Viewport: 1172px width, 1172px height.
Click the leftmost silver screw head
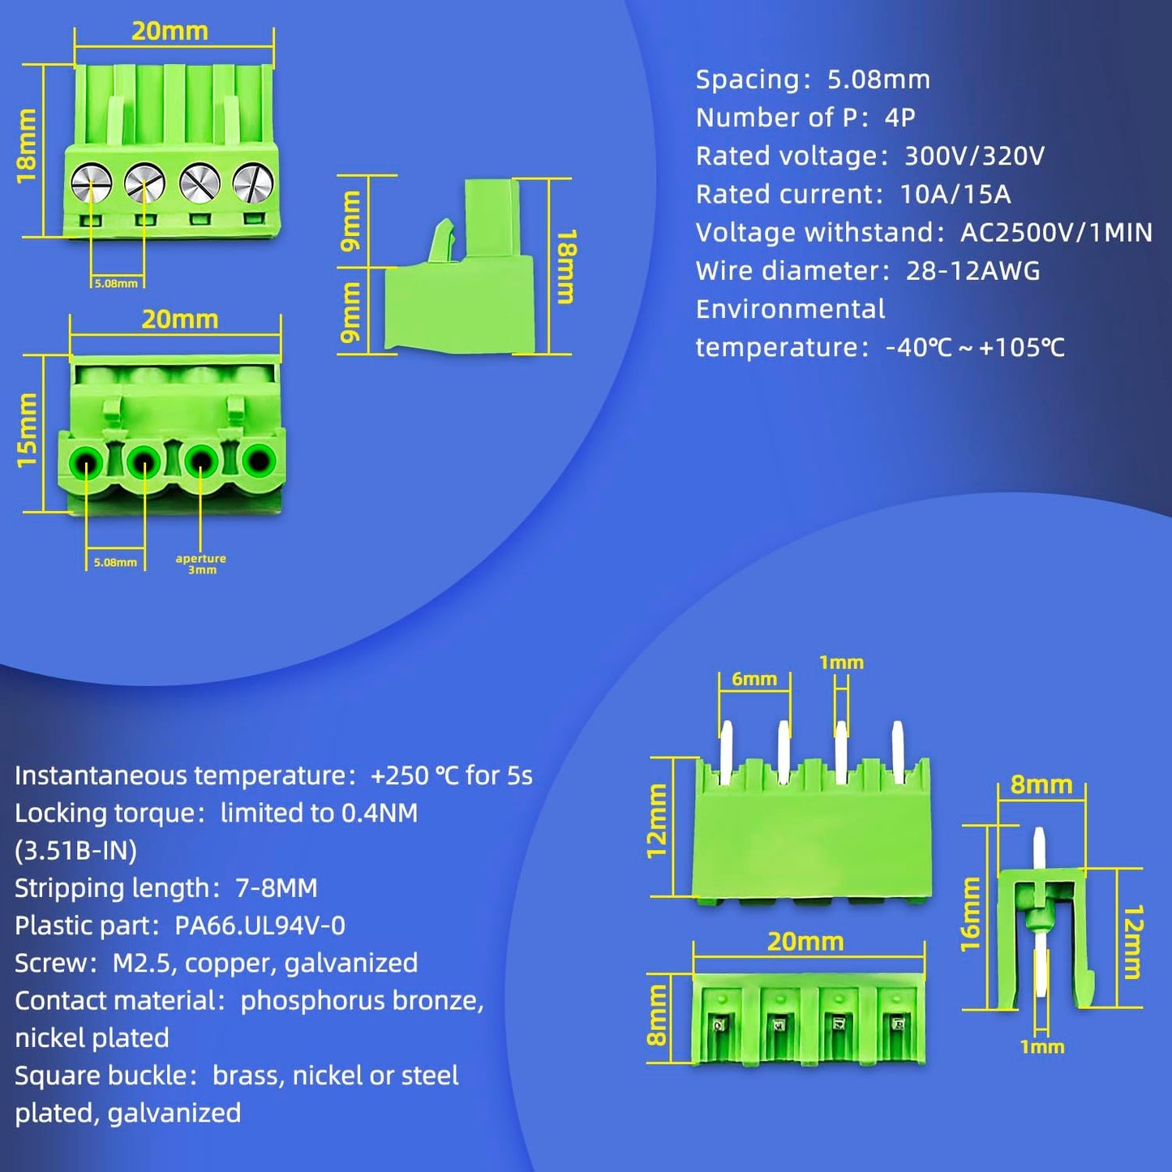click(91, 182)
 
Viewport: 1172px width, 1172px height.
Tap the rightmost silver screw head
click(253, 182)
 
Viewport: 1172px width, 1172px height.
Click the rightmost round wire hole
click(259, 460)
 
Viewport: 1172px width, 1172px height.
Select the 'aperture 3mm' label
click(200, 563)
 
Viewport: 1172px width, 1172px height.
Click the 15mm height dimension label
click(28, 430)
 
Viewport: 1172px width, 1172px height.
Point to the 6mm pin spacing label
click(754, 679)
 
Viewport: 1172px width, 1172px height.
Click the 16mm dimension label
click(972, 914)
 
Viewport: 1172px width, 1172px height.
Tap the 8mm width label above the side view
click(1041, 785)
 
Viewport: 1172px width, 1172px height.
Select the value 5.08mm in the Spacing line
click(879, 79)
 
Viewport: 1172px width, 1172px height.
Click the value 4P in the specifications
click(899, 118)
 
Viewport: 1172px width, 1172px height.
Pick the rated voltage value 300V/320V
click(974, 156)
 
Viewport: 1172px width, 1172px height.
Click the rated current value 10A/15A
click(955, 194)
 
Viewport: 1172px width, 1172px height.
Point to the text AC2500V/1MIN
click(1057, 232)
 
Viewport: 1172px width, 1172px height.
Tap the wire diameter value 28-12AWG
click(973, 271)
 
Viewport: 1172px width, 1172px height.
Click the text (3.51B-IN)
click(76, 850)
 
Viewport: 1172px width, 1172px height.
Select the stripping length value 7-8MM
click(276, 888)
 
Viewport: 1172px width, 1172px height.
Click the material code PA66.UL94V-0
click(260, 925)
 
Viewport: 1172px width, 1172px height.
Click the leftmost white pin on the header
click(727, 752)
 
